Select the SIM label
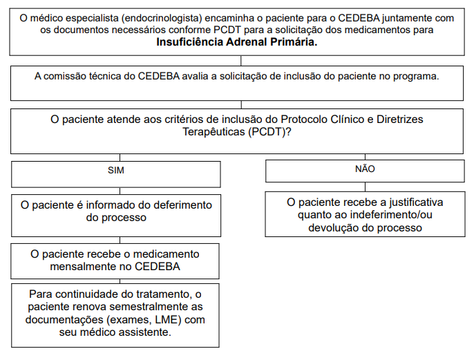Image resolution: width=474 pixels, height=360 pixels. point(115,169)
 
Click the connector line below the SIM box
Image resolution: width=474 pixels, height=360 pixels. point(115,191)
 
